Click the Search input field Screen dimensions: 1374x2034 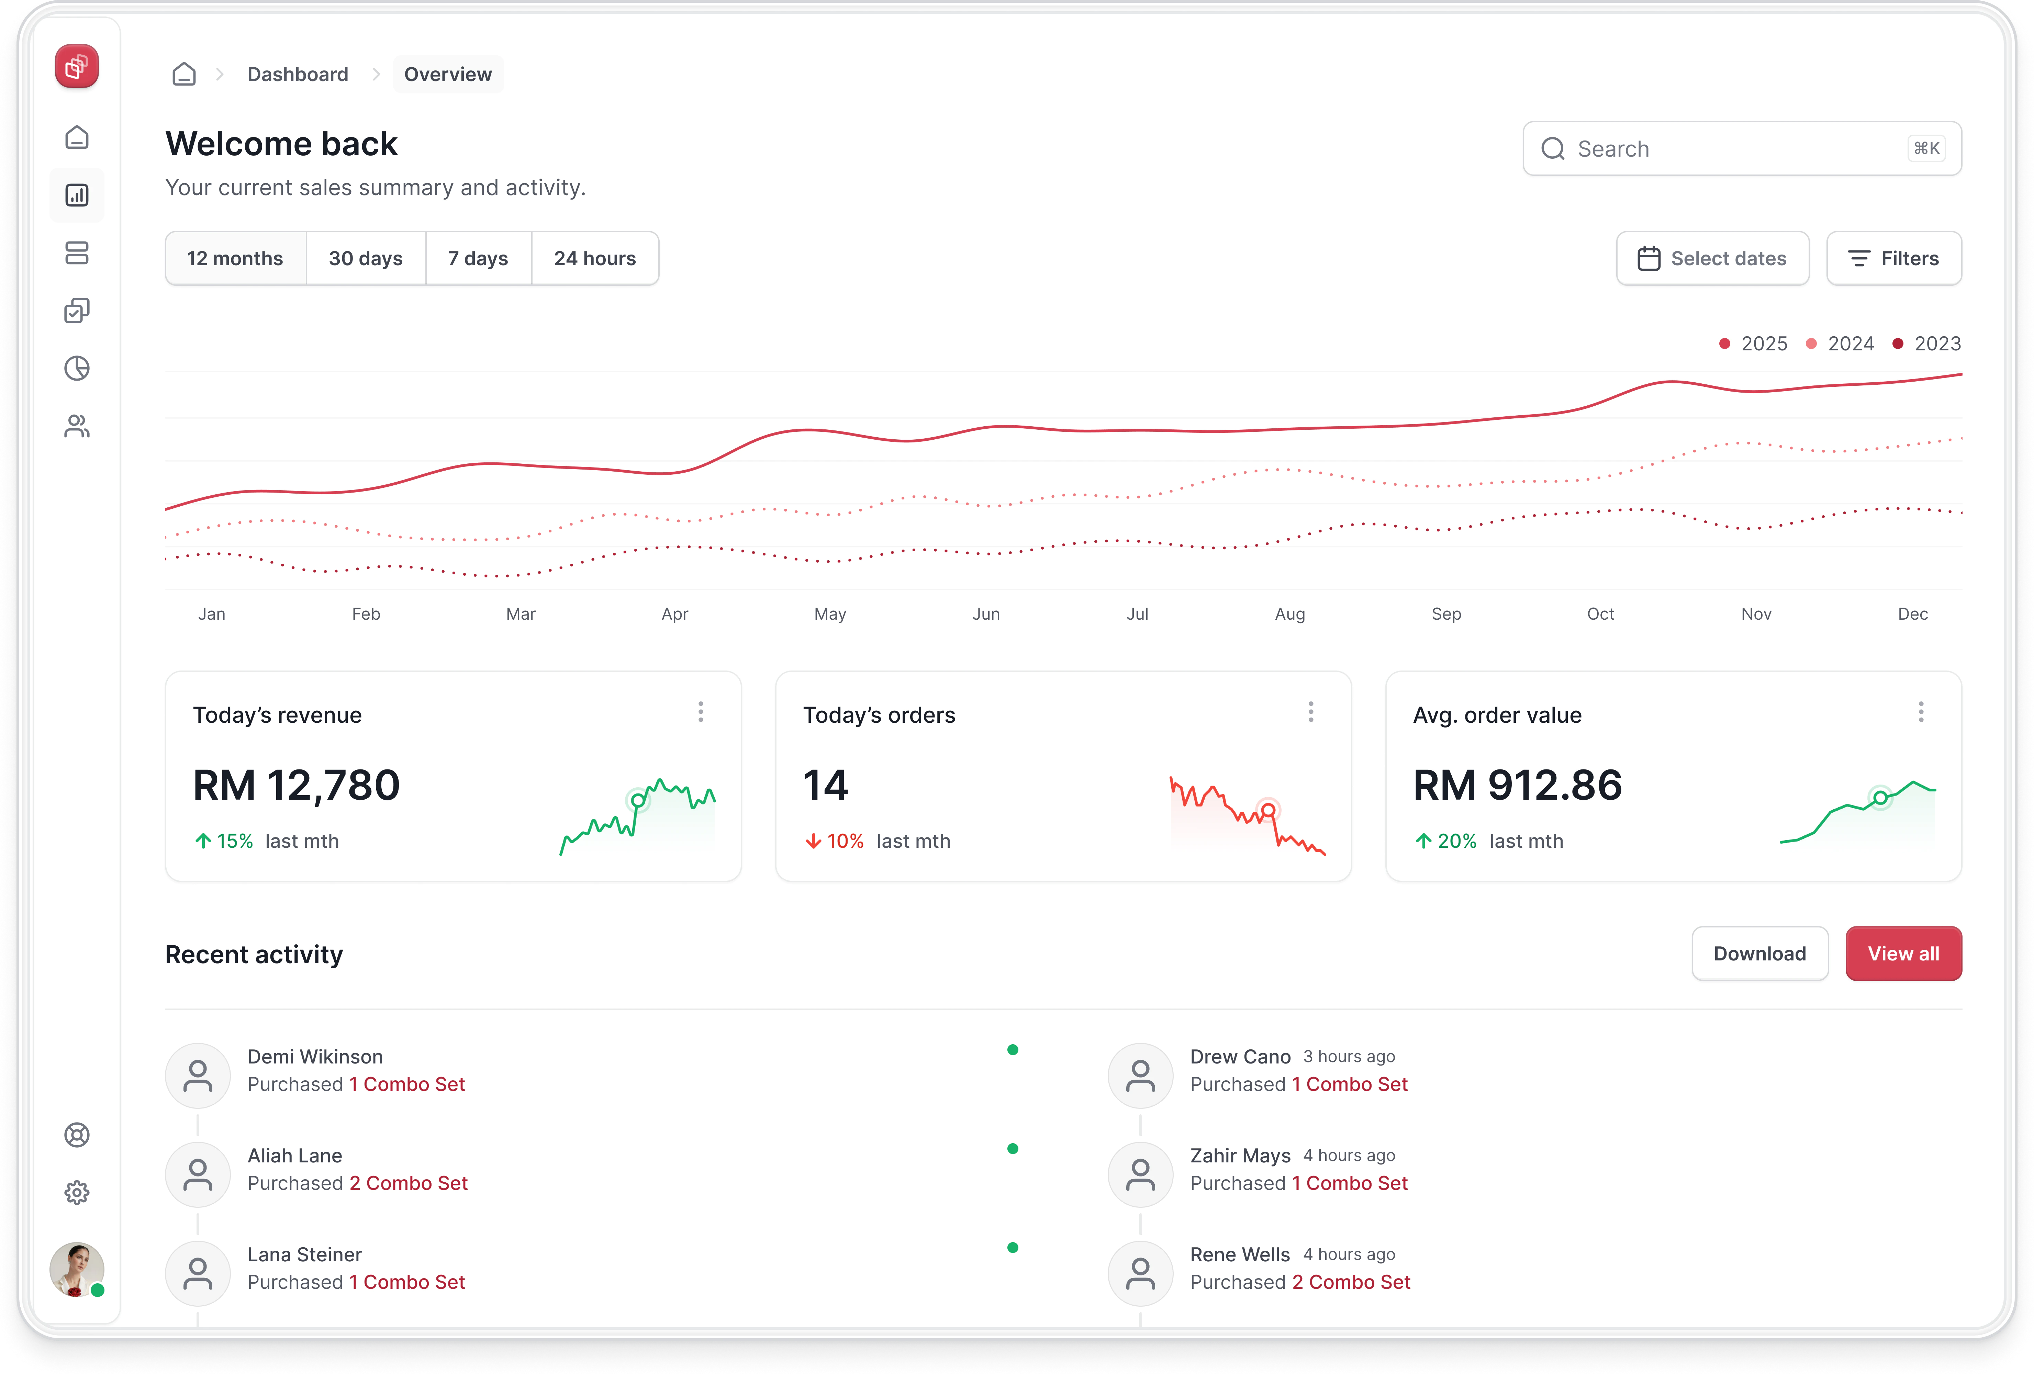point(1733,149)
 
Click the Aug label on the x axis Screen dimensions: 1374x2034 point(1289,613)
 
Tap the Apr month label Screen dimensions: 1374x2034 point(675,613)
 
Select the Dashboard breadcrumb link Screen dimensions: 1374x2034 point(298,75)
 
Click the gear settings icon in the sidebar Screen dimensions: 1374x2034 point(77,1192)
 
